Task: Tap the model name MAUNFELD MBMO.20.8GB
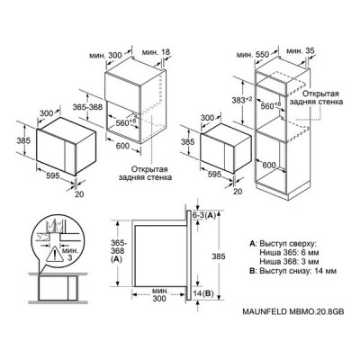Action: tap(293, 311)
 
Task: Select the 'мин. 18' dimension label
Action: tap(156, 52)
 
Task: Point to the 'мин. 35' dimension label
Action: tap(301, 51)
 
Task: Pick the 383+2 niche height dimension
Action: tap(243, 101)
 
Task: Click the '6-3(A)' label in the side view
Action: tap(204, 215)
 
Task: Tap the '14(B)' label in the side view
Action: tap(203, 293)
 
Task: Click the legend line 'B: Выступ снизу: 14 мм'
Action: tap(292, 271)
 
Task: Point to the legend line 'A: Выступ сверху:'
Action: tap(283, 243)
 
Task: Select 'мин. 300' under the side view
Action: tap(159, 294)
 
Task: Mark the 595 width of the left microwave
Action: tap(53, 176)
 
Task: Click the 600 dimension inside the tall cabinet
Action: tap(269, 165)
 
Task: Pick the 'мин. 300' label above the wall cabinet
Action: tap(105, 56)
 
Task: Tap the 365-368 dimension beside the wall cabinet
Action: tap(87, 106)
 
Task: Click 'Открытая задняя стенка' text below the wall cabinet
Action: tap(145, 173)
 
